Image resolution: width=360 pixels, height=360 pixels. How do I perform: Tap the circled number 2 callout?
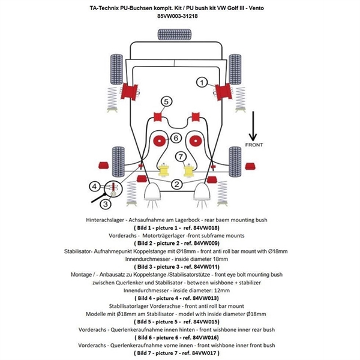click(176, 185)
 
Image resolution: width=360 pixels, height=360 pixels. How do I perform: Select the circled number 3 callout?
click(105, 205)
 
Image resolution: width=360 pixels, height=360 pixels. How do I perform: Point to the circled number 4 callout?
click(95, 186)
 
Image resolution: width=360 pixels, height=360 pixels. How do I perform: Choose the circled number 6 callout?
click(176, 138)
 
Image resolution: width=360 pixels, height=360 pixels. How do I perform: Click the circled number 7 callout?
click(180, 158)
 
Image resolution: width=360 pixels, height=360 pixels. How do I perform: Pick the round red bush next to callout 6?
click(160, 142)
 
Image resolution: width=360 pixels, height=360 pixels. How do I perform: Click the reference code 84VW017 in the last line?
click(212, 354)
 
